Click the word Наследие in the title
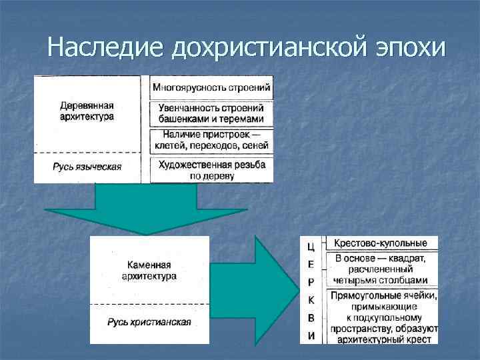(x=106, y=47)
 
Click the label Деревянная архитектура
(x=87, y=111)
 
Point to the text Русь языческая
(x=87, y=167)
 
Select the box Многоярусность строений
(x=211, y=87)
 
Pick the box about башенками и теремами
(x=211, y=113)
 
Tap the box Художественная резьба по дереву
(x=211, y=170)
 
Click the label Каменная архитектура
(x=149, y=270)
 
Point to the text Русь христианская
(x=149, y=322)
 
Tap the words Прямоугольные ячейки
(x=382, y=295)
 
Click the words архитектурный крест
(x=382, y=339)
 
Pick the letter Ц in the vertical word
(x=311, y=246)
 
